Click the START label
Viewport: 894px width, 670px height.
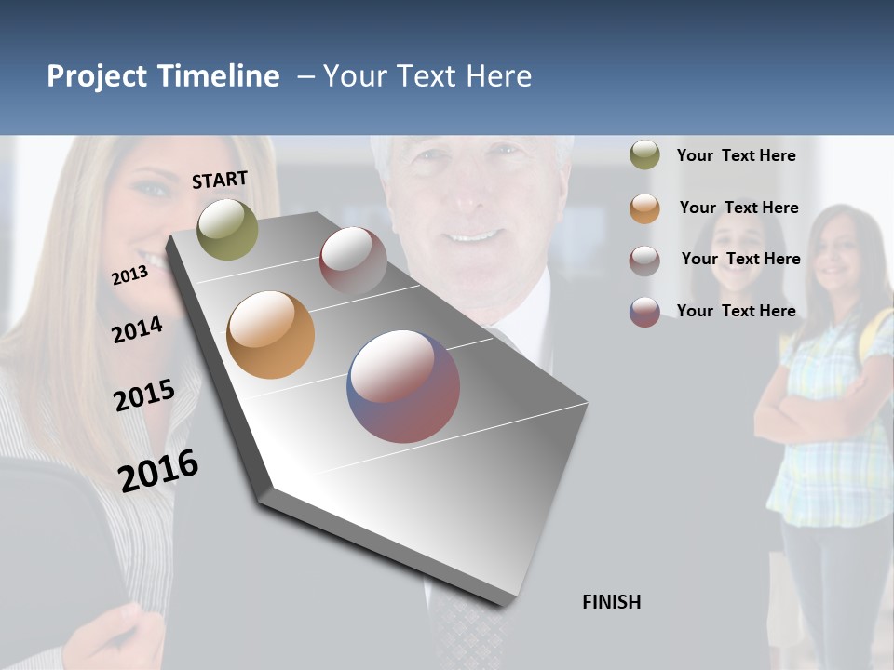[220, 180]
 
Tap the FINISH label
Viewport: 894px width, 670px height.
[611, 602]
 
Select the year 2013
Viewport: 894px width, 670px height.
[129, 275]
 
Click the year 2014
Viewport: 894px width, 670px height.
[137, 330]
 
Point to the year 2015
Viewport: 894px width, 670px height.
[143, 395]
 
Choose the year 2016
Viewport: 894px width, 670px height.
[158, 470]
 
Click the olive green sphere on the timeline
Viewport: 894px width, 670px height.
[227, 229]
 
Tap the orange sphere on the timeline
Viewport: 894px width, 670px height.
[270, 335]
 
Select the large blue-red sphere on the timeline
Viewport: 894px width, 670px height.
[403, 386]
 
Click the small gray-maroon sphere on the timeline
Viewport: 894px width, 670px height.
[353, 261]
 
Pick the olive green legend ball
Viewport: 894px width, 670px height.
[644, 155]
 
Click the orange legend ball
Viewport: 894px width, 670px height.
[644, 208]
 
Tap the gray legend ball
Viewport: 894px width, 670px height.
[644, 261]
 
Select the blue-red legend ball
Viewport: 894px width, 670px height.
[644, 312]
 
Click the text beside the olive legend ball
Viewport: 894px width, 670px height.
[736, 155]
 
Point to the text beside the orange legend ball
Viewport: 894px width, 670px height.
[738, 208]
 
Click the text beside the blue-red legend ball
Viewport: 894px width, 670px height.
[736, 311]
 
